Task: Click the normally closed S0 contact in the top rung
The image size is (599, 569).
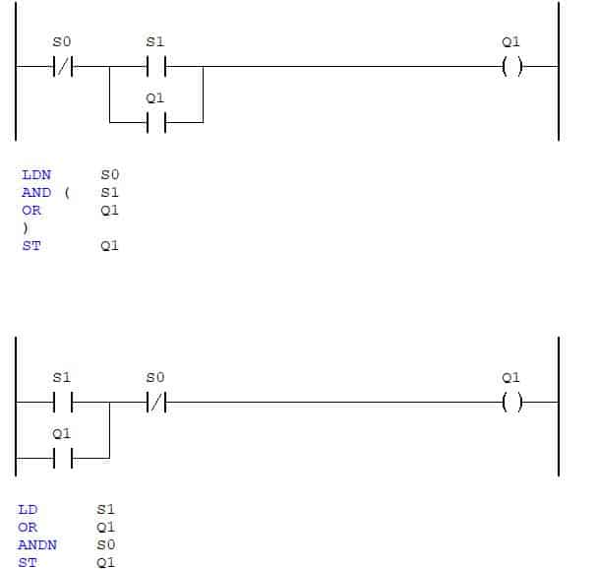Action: click(x=63, y=67)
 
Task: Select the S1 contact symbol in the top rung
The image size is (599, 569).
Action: click(x=156, y=67)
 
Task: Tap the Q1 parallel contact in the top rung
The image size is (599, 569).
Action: click(x=156, y=122)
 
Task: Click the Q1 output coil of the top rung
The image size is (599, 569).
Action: click(x=511, y=67)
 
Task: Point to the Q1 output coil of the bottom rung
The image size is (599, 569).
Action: click(x=511, y=403)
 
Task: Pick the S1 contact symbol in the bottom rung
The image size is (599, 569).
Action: click(x=63, y=403)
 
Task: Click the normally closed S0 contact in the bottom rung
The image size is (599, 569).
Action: click(x=156, y=403)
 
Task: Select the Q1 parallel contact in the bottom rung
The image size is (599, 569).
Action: click(x=63, y=458)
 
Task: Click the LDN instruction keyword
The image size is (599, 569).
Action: click(x=36, y=175)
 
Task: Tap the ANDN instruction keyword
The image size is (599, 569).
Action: click(x=37, y=545)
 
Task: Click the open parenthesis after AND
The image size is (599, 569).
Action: click(x=67, y=193)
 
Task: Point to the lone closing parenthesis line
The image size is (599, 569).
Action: click(x=26, y=228)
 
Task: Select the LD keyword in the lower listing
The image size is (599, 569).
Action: click(x=28, y=510)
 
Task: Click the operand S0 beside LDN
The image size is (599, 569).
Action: click(x=110, y=175)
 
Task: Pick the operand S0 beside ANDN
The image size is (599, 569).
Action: click(x=106, y=545)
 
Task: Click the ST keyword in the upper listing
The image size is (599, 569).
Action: click(x=31, y=245)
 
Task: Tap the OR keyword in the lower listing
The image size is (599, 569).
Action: click(x=28, y=528)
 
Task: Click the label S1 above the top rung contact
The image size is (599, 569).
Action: click(x=155, y=41)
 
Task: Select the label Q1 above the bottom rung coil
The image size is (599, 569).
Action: click(x=510, y=378)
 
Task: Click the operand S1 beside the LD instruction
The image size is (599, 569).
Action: click(x=106, y=510)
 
